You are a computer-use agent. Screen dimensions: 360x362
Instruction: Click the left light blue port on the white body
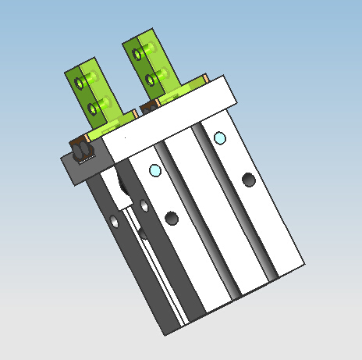(x=155, y=170)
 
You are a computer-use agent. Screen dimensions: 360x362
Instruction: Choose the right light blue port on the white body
(x=219, y=139)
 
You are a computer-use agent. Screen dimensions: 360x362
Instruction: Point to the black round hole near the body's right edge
(x=249, y=180)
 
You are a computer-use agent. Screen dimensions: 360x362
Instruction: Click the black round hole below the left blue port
(x=172, y=217)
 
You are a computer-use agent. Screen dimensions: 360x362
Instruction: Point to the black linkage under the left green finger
(x=80, y=149)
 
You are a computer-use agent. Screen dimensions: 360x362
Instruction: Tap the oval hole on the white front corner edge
(x=144, y=205)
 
